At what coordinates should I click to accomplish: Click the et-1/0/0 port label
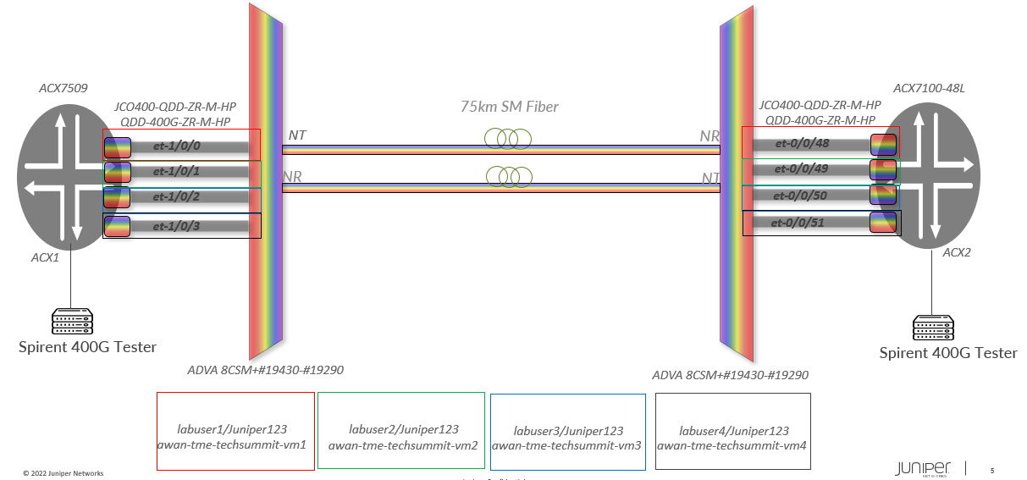(175, 146)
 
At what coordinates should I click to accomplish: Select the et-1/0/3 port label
(175, 226)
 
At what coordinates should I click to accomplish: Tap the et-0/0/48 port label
(800, 143)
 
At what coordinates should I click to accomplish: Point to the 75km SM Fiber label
(510, 108)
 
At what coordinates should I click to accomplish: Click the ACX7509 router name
(63, 88)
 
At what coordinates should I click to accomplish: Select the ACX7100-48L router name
(935, 88)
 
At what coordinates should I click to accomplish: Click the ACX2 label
(957, 252)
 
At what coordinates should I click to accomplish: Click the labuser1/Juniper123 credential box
(235, 430)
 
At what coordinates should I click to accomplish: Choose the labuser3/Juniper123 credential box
(567, 431)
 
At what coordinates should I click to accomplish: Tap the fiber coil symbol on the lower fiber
(509, 176)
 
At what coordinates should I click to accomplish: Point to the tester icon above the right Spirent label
(933, 327)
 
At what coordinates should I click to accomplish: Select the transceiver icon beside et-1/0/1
(118, 173)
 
